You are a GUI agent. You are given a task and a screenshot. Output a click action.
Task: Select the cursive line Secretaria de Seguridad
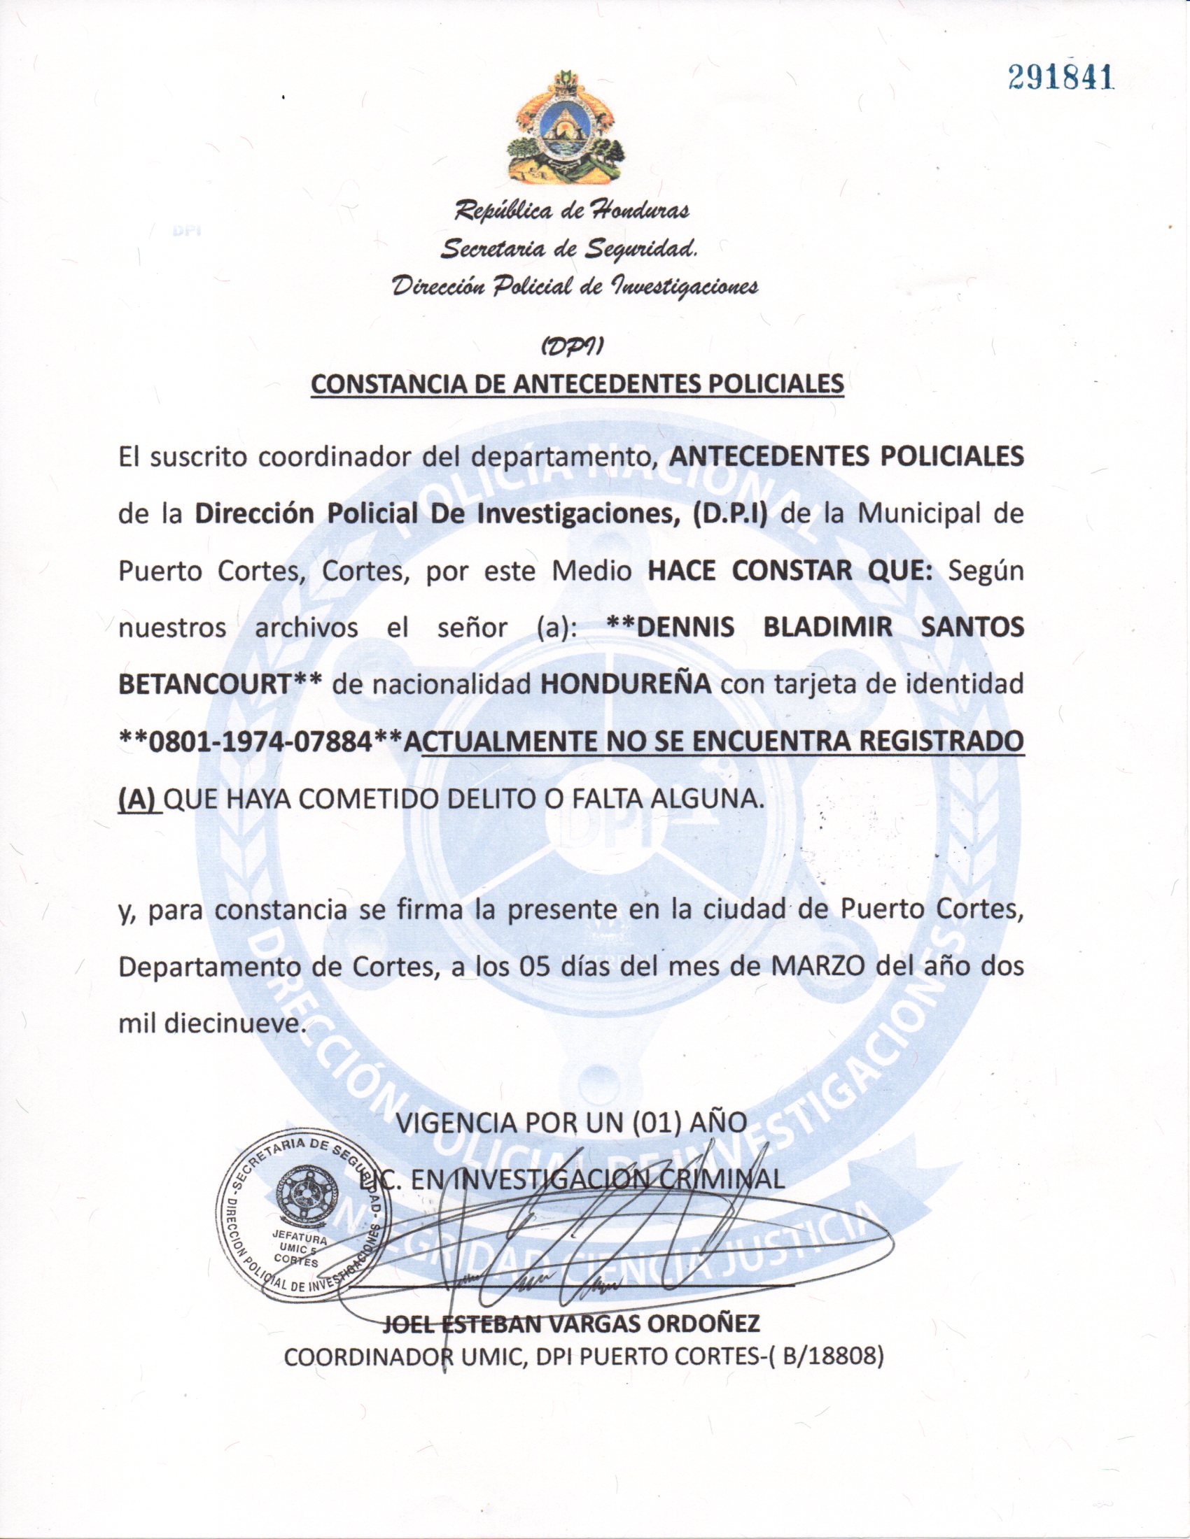pyautogui.click(x=570, y=248)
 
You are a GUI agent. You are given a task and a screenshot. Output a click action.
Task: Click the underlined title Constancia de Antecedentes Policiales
pyautogui.click(x=577, y=384)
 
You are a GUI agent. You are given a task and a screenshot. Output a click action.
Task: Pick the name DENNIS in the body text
pyautogui.click(x=677, y=627)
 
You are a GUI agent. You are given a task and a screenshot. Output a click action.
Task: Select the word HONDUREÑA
pyautogui.click(x=625, y=683)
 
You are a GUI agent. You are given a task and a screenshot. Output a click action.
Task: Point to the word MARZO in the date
pyautogui.click(x=818, y=966)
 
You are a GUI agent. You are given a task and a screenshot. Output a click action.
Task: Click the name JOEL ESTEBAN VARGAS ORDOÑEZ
pyautogui.click(x=571, y=1323)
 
